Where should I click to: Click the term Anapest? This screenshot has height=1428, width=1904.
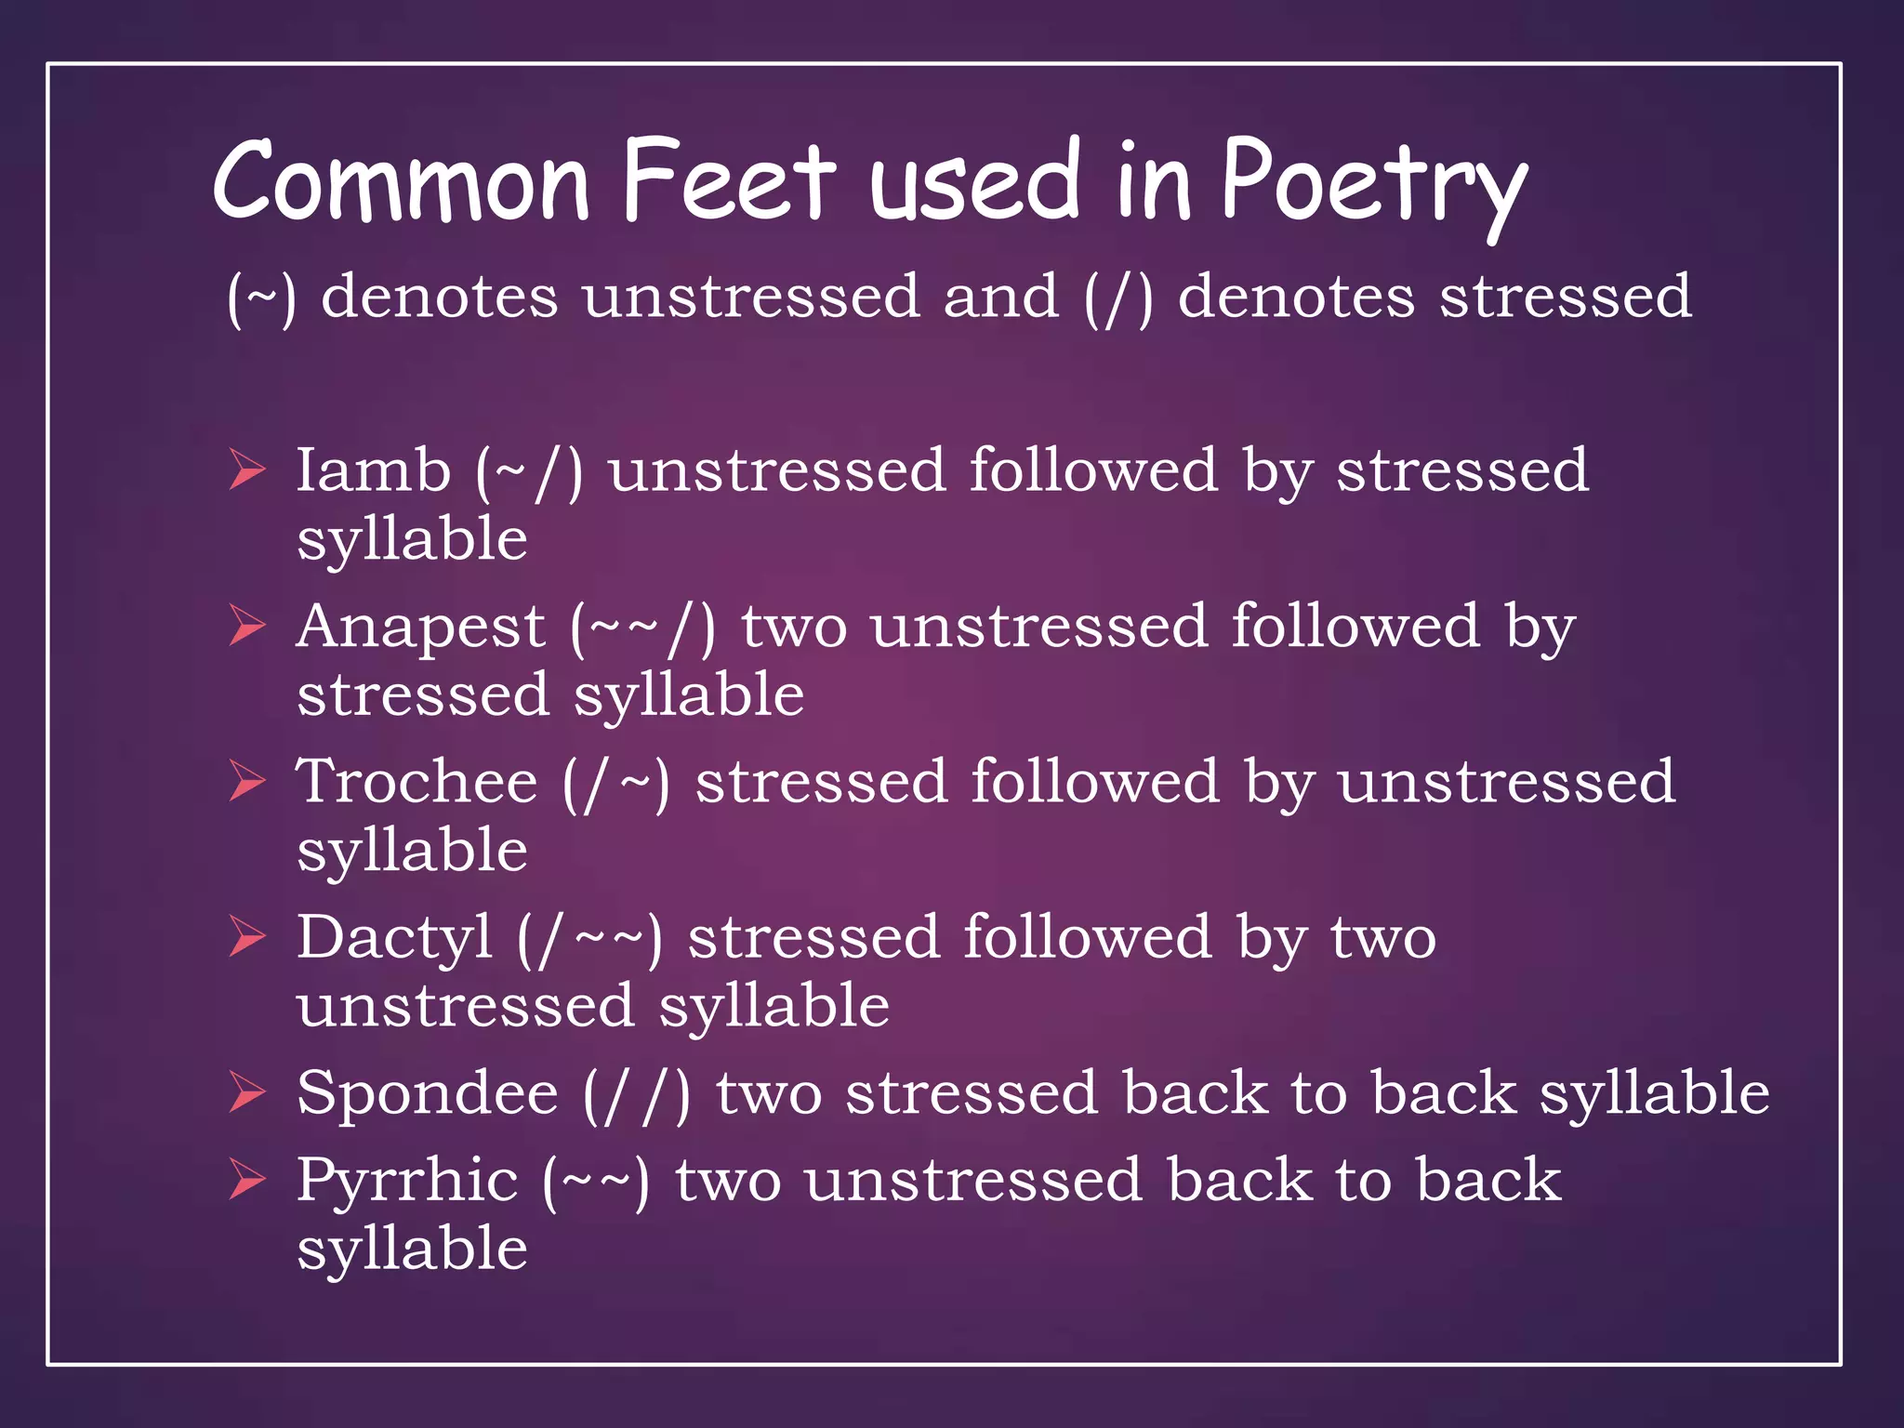coord(420,628)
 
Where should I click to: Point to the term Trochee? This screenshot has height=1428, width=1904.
coord(416,781)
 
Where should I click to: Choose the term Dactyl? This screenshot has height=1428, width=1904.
coord(394,937)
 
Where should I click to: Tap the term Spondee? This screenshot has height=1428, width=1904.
coord(428,1093)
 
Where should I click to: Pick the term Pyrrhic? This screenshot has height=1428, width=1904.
coord(407,1181)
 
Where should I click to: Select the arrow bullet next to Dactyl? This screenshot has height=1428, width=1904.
coord(247,936)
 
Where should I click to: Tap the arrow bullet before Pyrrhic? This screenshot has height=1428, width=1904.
coord(247,1180)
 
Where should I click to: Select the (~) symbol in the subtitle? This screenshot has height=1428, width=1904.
coord(261,298)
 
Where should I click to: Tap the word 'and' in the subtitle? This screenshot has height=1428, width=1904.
coord(1000,297)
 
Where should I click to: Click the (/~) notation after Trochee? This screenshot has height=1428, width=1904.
coord(615,783)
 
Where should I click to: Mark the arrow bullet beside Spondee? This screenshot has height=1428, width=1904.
coord(247,1092)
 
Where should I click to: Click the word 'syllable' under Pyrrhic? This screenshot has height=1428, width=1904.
coord(412,1249)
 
